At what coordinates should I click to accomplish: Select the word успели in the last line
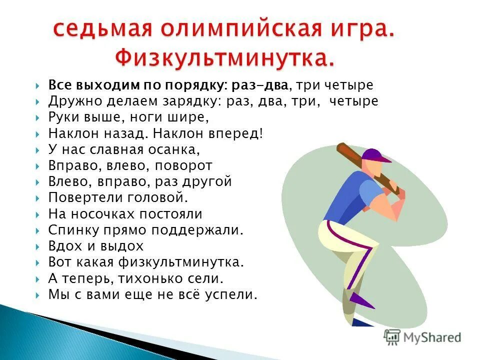(x=232, y=294)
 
